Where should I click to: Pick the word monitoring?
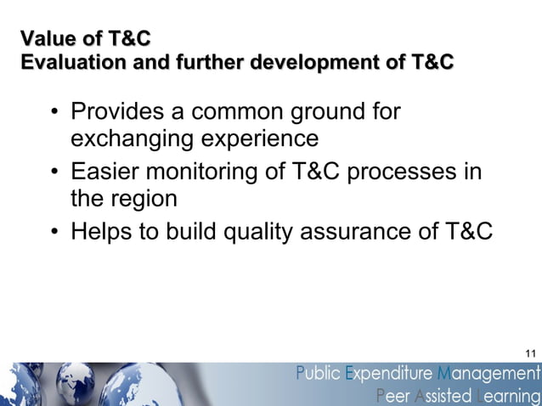click(198, 172)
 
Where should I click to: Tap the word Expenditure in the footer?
click(389, 374)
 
